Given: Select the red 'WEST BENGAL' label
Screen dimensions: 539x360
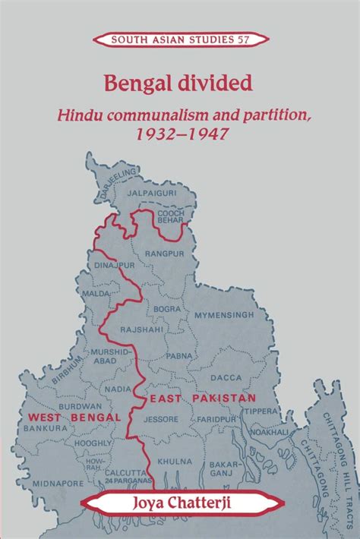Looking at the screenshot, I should (74, 417).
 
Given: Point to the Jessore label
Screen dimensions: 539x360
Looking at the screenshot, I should (162, 418).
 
